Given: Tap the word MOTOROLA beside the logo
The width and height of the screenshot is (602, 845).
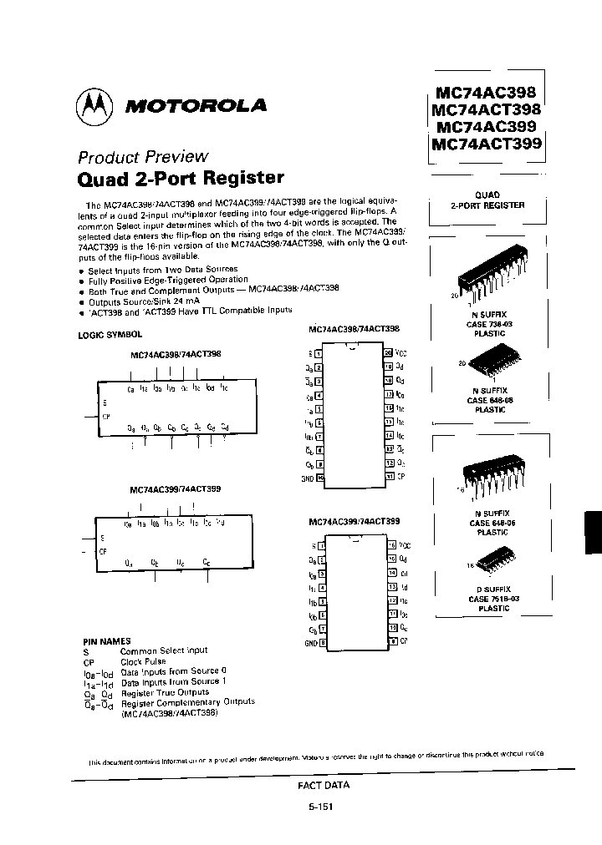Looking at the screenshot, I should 195,106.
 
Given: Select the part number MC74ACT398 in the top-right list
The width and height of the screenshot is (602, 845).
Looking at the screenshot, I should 487,109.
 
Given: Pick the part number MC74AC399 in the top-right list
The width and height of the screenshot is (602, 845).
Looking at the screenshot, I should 487,127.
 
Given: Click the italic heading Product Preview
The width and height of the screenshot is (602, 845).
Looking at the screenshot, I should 143,156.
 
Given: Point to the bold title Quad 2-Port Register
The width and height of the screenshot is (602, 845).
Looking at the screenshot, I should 181,178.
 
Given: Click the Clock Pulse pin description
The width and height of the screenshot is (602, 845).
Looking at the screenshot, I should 144,660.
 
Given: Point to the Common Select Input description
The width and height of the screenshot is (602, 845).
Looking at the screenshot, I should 164,650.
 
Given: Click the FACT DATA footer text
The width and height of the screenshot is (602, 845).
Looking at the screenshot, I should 324,785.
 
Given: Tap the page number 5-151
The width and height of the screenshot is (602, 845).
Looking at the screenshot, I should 323,807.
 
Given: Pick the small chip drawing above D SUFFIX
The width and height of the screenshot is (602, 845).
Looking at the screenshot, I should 492,557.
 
